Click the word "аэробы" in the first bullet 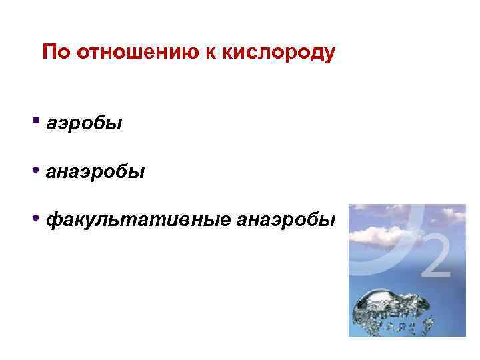point(85,125)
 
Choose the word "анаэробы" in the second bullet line point(95,173)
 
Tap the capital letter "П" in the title point(48,52)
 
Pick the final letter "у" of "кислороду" point(329,53)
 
